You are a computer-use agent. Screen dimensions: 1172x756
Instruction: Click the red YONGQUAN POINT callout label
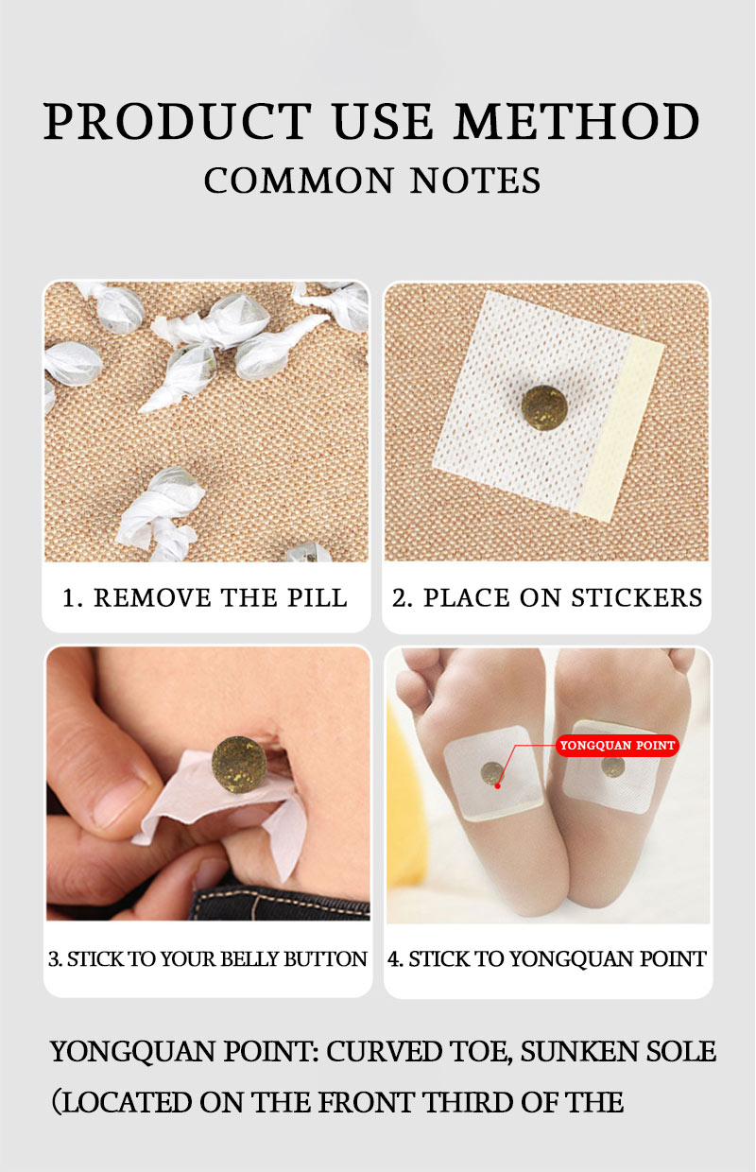[617, 746]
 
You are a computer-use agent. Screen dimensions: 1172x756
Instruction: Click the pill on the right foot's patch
[612, 765]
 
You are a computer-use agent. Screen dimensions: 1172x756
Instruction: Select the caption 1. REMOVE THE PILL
[205, 598]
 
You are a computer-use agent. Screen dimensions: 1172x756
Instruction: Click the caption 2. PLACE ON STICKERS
[547, 598]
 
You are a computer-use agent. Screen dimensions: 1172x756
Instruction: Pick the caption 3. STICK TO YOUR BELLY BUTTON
[207, 958]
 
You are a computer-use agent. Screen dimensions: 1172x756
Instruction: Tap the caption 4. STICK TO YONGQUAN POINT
[547, 958]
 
